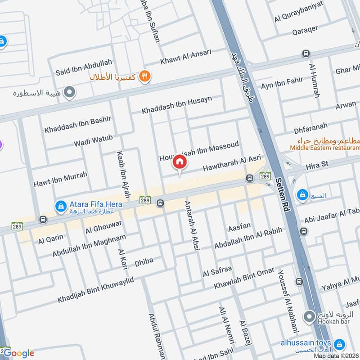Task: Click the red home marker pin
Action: click(x=180, y=162)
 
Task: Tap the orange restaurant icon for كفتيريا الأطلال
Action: click(x=144, y=76)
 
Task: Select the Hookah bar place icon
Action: click(x=309, y=317)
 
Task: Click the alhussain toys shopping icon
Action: click(x=340, y=345)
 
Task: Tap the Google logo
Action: click(x=19, y=353)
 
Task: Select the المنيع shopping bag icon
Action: click(x=302, y=195)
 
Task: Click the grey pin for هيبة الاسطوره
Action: click(x=70, y=93)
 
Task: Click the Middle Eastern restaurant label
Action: click(x=324, y=147)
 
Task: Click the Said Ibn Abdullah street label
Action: click(x=84, y=67)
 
